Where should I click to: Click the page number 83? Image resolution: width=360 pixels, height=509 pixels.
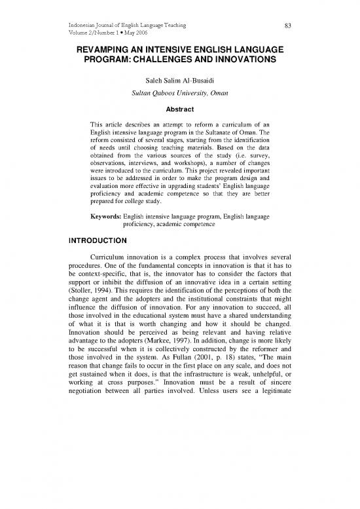pos(287,26)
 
